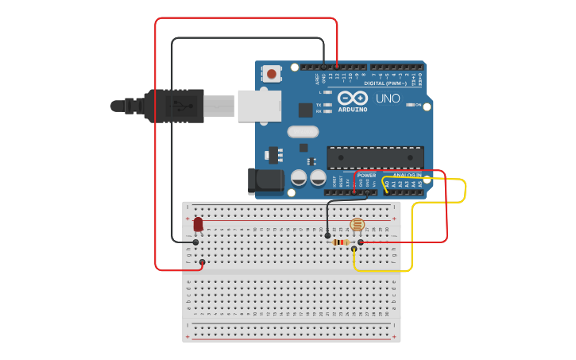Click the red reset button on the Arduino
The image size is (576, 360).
pyautogui.click(x=272, y=74)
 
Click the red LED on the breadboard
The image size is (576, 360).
pyautogui.click(x=198, y=225)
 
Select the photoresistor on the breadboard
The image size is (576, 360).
pyautogui.click(x=357, y=226)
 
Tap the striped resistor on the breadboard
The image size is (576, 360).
pyautogui.click(x=342, y=242)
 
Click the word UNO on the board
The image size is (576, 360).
pyautogui.click(x=388, y=99)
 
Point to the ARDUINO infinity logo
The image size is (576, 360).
pyautogui.click(x=352, y=99)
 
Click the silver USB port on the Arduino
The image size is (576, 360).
pyautogui.click(x=259, y=106)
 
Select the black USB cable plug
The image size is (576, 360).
pyautogui.click(x=175, y=106)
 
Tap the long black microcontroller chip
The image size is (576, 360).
pyautogui.click(x=375, y=157)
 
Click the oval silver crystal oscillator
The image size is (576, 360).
pyautogui.click(x=303, y=132)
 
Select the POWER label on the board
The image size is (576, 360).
pyautogui.click(x=366, y=175)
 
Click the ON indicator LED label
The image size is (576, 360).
pyautogui.click(x=418, y=104)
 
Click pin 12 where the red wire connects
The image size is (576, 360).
pyautogui.click(x=337, y=66)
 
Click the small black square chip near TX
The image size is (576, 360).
pyautogui.click(x=305, y=110)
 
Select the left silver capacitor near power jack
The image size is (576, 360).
pyautogui.click(x=299, y=177)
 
